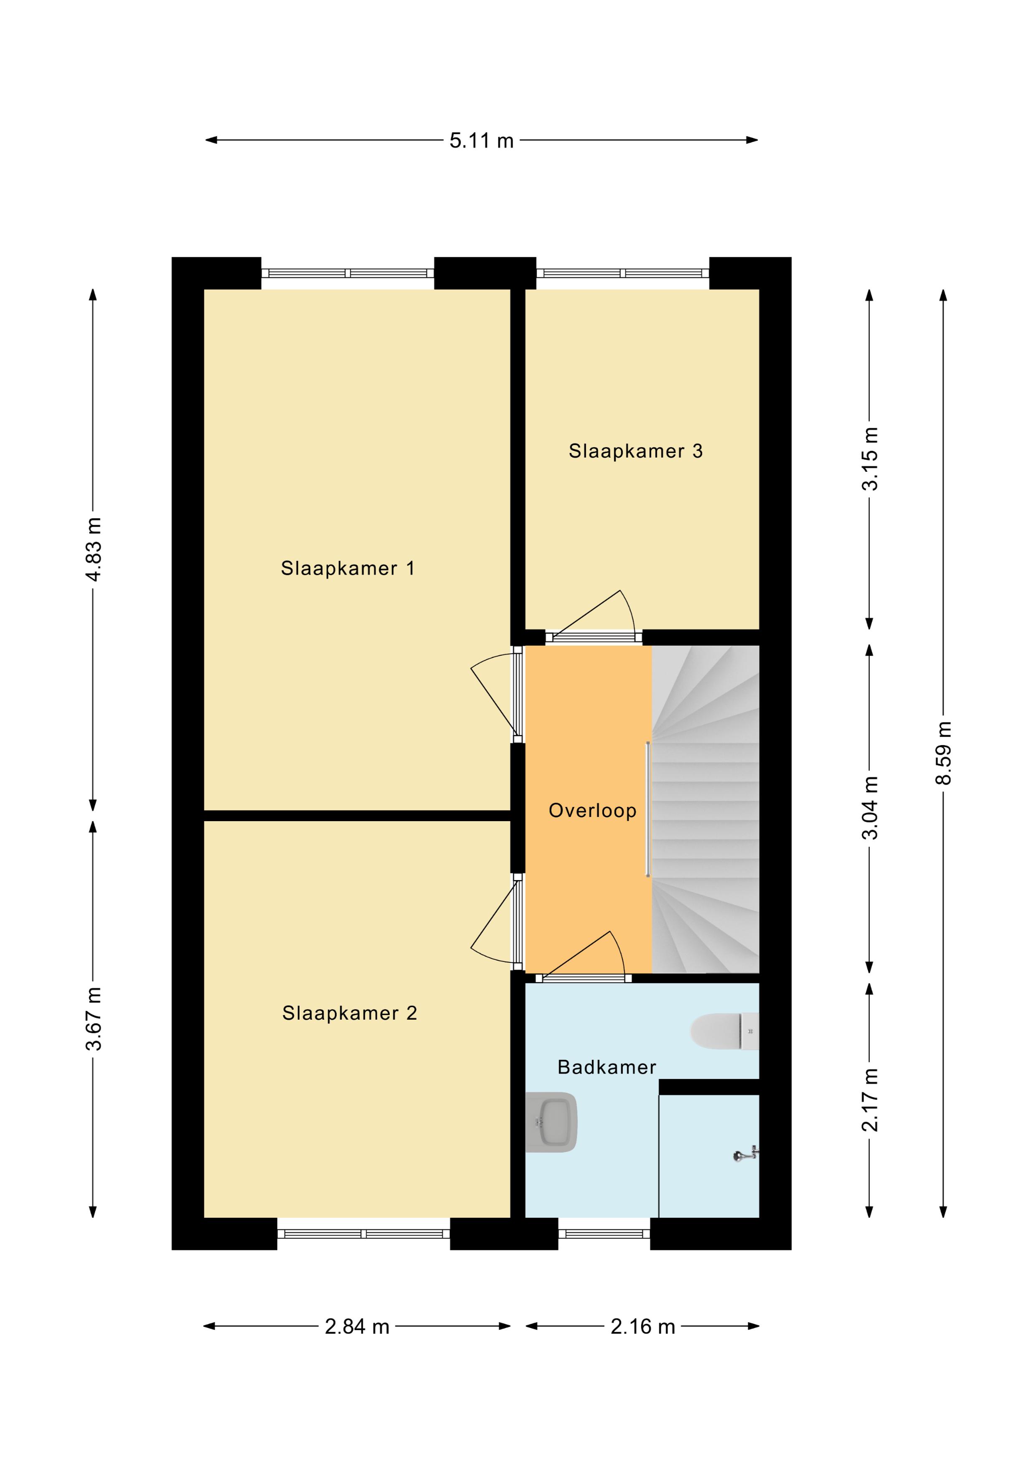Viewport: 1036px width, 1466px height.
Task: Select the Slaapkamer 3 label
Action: coord(636,451)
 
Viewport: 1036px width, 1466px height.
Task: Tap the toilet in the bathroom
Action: coord(724,1031)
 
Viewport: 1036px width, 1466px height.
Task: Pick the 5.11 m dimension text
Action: coord(481,140)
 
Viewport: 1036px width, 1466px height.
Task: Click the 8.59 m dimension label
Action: coord(943,753)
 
